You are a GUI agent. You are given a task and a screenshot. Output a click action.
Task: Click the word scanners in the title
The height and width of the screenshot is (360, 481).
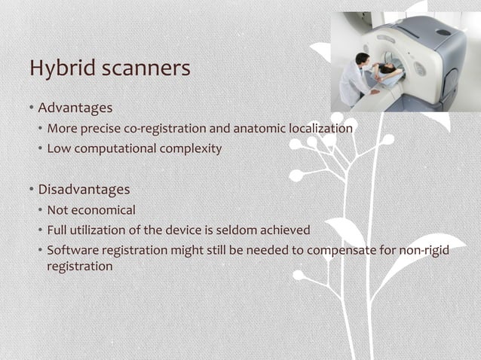coord(147,69)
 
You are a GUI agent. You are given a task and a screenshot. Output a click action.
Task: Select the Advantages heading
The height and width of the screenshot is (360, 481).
coord(75,108)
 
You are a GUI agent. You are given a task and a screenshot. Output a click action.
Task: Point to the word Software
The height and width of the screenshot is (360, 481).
coord(73,250)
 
